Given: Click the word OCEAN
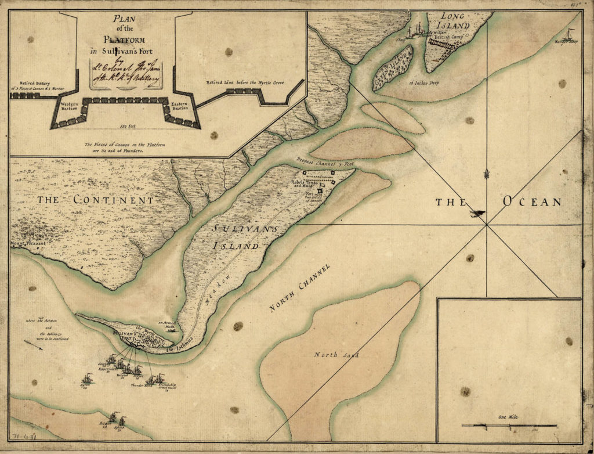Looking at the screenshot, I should [x=532, y=202].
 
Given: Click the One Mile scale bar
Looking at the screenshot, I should [x=509, y=426].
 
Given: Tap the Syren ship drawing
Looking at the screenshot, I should [x=87, y=379].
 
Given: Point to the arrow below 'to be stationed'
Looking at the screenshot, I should [x=33, y=346].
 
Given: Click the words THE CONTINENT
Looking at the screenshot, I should [x=96, y=200].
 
